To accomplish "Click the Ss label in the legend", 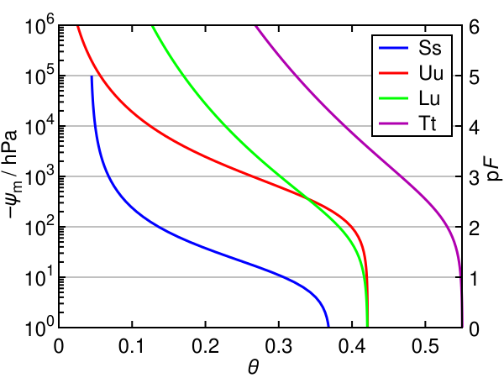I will tap(429, 48).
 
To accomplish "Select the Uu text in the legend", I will tap(430, 73).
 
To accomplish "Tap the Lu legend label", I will tap(429, 98).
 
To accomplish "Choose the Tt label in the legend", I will tap(428, 123).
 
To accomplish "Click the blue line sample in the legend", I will tap(394, 48).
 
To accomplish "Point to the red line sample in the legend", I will tap(394, 73).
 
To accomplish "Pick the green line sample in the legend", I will tap(394, 98).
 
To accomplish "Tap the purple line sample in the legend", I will tap(394, 123).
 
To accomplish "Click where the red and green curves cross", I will tap(307, 200).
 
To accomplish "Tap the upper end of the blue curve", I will tap(92, 76).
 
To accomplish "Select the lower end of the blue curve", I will tap(328, 325).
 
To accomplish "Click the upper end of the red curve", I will tap(78, 28).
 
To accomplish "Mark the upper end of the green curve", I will tap(152, 28).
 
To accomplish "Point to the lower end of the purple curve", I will tap(461, 325).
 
